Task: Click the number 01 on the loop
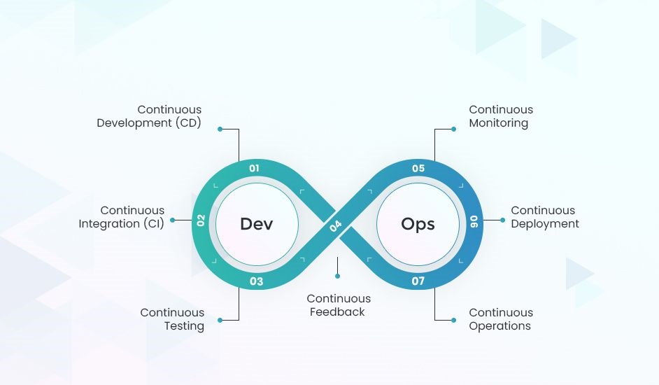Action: click(254, 168)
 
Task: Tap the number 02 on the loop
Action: click(201, 220)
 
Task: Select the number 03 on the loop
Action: click(257, 281)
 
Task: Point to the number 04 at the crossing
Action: click(336, 225)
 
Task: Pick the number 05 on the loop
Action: click(418, 168)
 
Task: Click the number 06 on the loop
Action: click(474, 221)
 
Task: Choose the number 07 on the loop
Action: click(418, 281)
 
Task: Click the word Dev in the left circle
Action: click(257, 224)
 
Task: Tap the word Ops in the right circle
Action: click(418, 224)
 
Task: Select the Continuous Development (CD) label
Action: click(149, 116)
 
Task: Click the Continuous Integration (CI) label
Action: click(122, 217)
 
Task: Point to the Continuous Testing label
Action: click(172, 319)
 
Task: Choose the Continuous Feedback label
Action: click(339, 306)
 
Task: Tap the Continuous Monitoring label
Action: click(500, 116)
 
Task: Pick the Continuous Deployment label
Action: click(544, 217)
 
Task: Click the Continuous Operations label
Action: click(500, 319)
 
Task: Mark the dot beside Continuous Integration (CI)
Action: click(173, 220)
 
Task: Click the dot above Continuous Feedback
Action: click(337, 276)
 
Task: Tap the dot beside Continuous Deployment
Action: click(502, 220)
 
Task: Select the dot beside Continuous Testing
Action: click(220, 320)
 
